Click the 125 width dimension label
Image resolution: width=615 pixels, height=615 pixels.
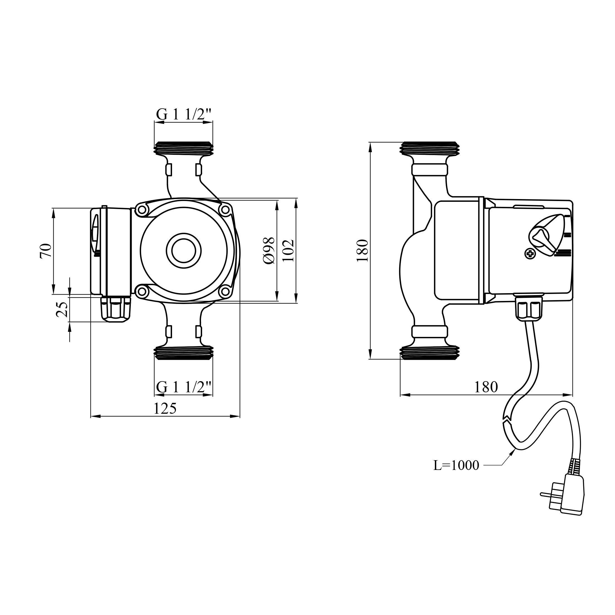[x=165, y=409]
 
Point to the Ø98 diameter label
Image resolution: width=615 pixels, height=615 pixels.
[x=269, y=251]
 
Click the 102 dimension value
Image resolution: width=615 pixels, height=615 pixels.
[x=288, y=251]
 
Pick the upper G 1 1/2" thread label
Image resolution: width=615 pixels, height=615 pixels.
[x=184, y=114]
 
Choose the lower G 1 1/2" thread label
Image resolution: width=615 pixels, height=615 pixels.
[x=184, y=387]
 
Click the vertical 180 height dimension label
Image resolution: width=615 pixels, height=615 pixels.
[x=362, y=251]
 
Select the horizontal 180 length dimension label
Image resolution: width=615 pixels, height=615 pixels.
[x=486, y=387]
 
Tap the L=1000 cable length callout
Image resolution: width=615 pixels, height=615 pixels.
[x=456, y=465]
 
